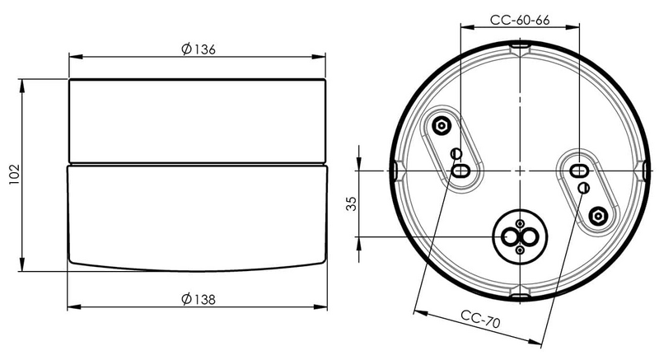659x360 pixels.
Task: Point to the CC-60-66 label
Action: pyautogui.click(x=520, y=20)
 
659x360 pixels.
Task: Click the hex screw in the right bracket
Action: pyautogui.click(x=600, y=216)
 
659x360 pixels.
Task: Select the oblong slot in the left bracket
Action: pyautogui.click(x=460, y=171)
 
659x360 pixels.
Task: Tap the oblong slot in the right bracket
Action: pyautogui.click(x=579, y=171)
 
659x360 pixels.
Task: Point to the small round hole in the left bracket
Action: pyautogui.click(x=458, y=153)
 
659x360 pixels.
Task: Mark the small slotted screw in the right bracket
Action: pyautogui.click(x=582, y=189)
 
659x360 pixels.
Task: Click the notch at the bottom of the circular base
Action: pyautogui.click(x=520, y=293)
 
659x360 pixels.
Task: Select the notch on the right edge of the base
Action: pyautogui.click(x=642, y=171)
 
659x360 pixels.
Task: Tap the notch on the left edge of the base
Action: pyautogui.click(x=398, y=171)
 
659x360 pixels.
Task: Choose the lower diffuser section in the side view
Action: pyautogui.click(x=197, y=214)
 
